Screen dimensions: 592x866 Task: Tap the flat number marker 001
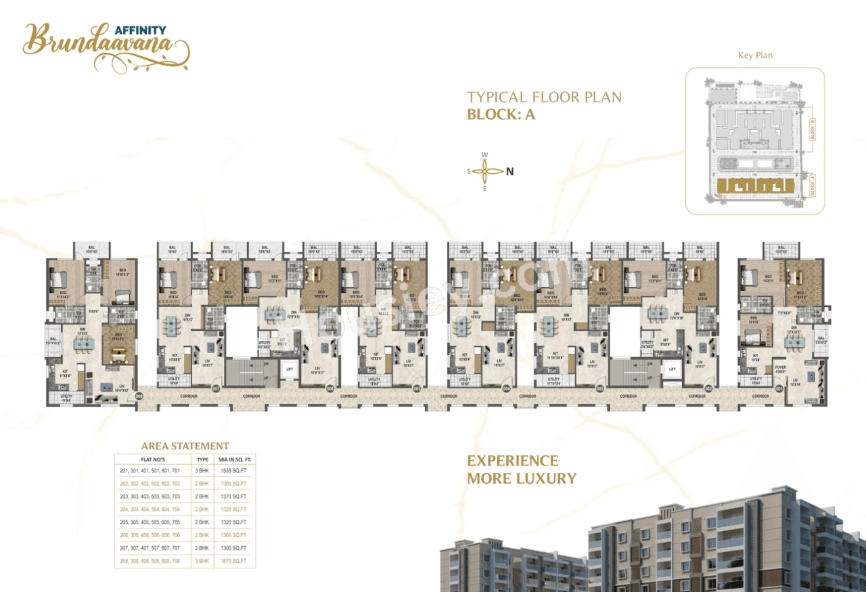point(779,389)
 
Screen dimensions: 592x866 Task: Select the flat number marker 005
point(417,389)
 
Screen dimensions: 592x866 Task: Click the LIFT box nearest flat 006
point(289,369)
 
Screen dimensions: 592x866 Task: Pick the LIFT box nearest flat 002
point(673,369)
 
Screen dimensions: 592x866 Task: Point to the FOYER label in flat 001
point(780,369)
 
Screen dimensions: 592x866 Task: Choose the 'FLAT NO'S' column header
point(150,458)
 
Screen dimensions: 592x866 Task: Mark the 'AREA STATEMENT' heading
point(185,446)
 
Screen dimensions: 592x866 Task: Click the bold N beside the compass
point(510,171)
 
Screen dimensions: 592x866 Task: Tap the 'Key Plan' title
point(755,55)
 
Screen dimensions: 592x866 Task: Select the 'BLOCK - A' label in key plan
point(813,185)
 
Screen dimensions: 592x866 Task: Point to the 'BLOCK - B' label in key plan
point(813,129)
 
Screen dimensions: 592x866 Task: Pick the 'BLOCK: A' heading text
point(501,114)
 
